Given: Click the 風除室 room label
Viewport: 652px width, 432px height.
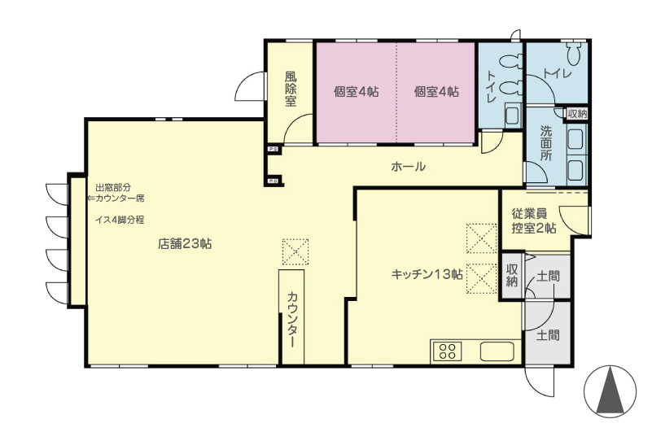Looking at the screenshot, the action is pyautogui.click(x=291, y=89).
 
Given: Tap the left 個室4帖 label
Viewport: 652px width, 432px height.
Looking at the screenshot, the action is pyautogui.click(x=357, y=91).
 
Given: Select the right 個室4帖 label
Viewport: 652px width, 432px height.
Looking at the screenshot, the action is pyautogui.click(x=436, y=91).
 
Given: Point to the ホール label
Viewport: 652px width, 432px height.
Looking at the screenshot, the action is pyautogui.click(x=409, y=167).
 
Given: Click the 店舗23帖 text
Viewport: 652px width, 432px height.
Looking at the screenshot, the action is pyautogui.click(x=185, y=243).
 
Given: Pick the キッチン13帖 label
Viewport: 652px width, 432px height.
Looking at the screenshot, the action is pyautogui.click(x=427, y=274).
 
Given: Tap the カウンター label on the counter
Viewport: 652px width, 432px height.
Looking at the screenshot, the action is pyautogui.click(x=292, y=320).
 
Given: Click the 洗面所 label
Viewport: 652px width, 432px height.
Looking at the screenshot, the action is pyautogui.click(x=546, y=143).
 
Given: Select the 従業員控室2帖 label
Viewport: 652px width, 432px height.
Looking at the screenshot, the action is pyautogui.click(x=535, y=220).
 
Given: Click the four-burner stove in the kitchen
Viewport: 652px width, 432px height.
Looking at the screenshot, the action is pyautogui.click(x=447, y=351).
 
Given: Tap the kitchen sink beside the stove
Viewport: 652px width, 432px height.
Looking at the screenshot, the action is pyautogui.click(x=497, y=351).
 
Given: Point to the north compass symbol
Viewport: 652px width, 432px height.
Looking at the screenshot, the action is pyautogui.click(x=610, y=391).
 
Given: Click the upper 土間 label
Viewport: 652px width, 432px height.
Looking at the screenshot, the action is pyautogui.click(x=548, y=276).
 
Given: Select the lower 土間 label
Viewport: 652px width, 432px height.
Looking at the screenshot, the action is pyautogui.click(x=548, y=334).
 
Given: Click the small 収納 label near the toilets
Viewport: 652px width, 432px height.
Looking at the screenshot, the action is pyautogui.click(x=578, y=114).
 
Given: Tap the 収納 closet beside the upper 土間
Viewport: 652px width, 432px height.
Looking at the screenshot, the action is pyautogui.click(x=512, y=275).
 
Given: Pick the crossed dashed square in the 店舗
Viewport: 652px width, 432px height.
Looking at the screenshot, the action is pyautogui.click(x=295, y=252).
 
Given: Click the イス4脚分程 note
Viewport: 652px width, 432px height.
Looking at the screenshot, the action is pyautogui.click(x=120, y=220).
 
